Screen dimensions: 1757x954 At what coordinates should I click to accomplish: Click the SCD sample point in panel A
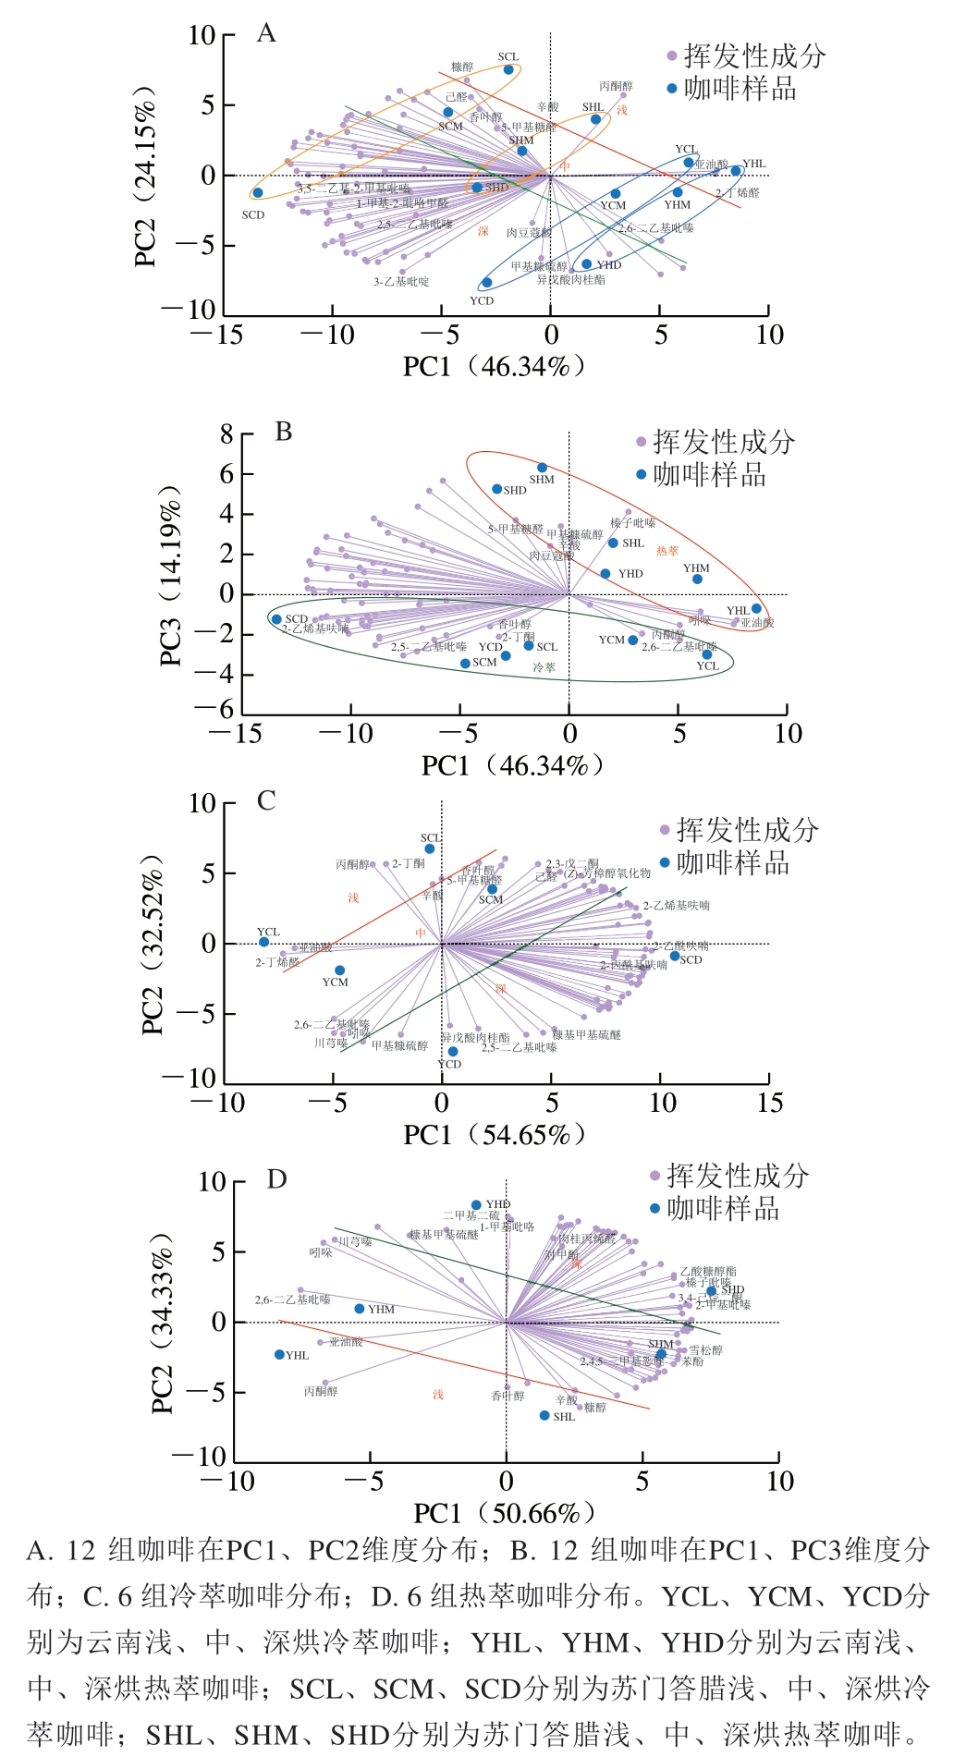258,193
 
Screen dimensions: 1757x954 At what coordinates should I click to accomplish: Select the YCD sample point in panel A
487,283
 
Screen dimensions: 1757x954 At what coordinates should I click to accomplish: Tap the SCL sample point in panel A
508,70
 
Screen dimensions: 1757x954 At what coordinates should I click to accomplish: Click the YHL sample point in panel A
736,171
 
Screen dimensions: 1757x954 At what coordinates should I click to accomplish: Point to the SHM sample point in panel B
543,468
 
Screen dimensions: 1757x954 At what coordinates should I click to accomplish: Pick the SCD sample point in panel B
276,619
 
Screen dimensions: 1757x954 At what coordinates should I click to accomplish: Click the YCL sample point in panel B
707,654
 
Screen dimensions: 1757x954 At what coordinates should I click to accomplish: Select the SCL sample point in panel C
430,849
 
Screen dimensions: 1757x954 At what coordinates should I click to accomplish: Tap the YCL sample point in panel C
264,942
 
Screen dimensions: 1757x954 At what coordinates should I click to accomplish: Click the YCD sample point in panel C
453,1052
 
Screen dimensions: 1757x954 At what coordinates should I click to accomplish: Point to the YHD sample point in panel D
476,1205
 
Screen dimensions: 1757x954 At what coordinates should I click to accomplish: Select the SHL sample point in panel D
544,1416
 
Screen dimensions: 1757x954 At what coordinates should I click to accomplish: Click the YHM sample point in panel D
360,1309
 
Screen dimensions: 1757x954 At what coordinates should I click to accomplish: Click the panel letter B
284,433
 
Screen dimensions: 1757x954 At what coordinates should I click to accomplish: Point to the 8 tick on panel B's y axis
226,434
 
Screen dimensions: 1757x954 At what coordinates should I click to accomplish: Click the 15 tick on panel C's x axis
769,1104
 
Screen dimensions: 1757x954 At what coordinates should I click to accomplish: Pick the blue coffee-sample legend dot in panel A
672,90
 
